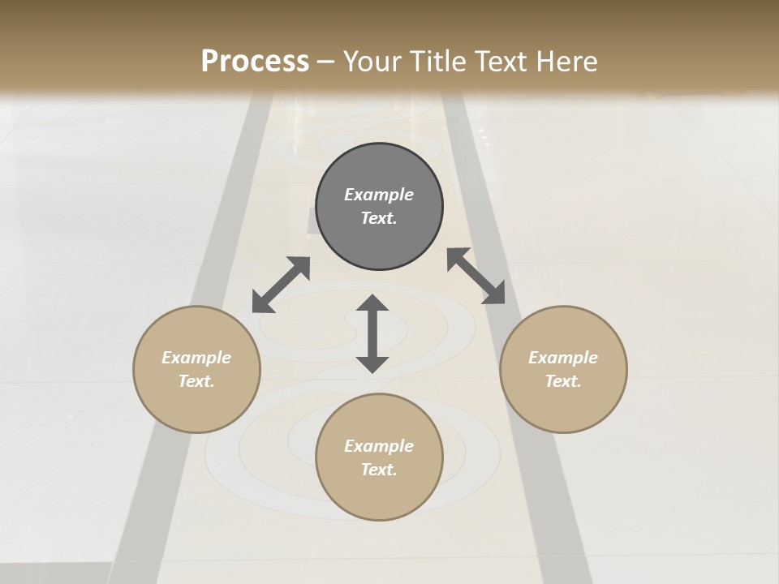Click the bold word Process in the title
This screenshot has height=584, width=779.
click(x=255, y=62)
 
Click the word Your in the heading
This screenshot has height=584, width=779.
click(x=372, y=62)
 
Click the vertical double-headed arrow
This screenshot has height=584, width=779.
click(x=372, y=333)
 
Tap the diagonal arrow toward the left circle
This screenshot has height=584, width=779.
click(x=281, y=285)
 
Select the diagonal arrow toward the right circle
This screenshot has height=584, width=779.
click(x=476, y=276)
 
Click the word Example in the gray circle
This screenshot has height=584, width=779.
click(x=379, y=195)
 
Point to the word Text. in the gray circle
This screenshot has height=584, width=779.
click(x=379, y=218)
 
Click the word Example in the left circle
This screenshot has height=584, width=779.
click(x=196, y=358)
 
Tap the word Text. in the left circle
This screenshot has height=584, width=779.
click(x=196, y=381)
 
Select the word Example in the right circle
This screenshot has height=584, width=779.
click(x=563, y=358)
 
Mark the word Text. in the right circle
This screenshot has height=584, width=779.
click(x=563, y=381)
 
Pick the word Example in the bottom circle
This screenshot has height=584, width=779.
click(x=379, y=446)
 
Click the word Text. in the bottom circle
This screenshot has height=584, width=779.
click(x=379, y=470)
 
